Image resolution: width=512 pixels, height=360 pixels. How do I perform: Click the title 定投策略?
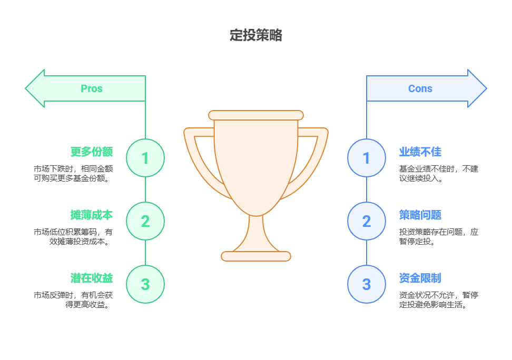coord(256,35)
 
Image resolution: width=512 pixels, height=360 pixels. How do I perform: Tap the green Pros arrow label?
coord(91,88)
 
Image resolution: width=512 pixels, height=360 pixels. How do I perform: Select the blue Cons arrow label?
coord(420,88)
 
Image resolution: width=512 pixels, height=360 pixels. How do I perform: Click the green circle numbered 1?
coord(145,158)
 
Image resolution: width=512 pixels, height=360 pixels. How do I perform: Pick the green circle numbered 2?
coord(145,221)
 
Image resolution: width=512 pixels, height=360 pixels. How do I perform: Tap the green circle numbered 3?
coord(145,284)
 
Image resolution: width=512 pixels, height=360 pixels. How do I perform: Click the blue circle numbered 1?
coord(367,158)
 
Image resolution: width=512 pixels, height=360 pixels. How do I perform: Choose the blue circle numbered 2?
coord(367,221)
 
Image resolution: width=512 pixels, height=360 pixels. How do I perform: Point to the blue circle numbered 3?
coord(367,284)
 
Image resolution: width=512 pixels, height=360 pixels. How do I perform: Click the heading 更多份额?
coord(92,152)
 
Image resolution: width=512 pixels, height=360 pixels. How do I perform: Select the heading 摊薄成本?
coord(92,215)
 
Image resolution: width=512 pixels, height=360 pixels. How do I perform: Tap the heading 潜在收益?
coord(92,278)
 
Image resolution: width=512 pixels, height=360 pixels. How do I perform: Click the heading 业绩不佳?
coord(420,152)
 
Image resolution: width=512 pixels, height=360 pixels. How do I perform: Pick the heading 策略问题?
coord(420,215)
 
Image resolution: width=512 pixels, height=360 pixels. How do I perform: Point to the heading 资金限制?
coord(420,278)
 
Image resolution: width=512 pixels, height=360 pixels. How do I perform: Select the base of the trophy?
coord(256,256)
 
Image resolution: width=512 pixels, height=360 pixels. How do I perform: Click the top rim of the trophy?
coord(256,115)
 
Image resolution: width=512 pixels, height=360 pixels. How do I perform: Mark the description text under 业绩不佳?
coord(439,173)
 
